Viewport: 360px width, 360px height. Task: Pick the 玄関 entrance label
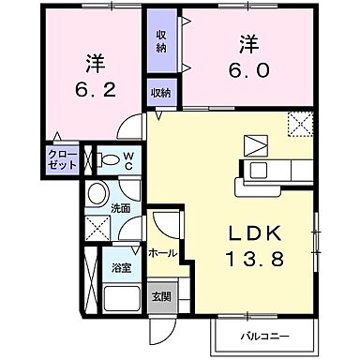(161, 297)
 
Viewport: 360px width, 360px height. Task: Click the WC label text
(129, 160)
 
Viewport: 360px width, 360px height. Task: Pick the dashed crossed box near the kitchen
(301, 122)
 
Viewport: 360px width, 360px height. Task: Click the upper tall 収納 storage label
(161, 40)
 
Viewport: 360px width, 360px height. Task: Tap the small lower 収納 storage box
(161, 92)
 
